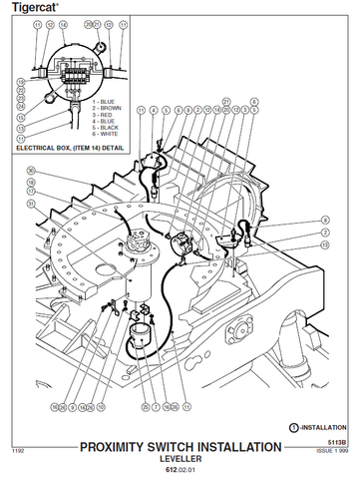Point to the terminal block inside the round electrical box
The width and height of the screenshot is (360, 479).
pyautogui.click(x=66, y=74)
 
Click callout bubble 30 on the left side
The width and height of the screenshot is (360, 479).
pyautogui.click(x=31, y=170)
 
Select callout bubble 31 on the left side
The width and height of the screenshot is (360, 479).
pyautogui.click(x=31, y=205)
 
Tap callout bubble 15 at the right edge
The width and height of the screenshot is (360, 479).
pyautogui.click(x=325, y=244)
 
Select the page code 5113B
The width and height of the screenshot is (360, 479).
pyautogui.click(x=340, y=442)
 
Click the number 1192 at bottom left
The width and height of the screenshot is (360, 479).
pyautogui.click(x=17, y=451)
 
